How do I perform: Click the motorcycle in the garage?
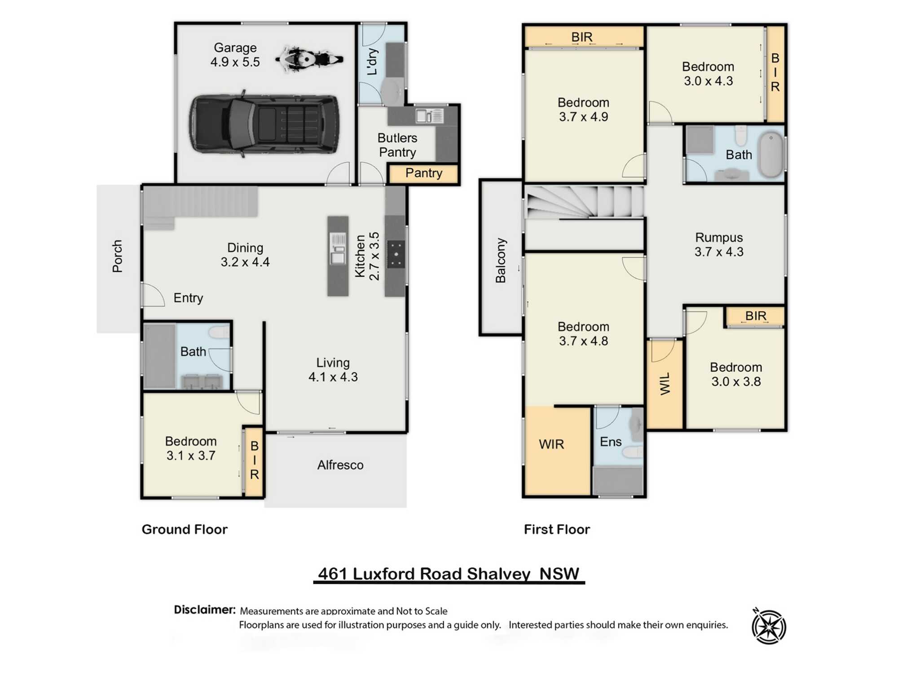click(x=309, y=59)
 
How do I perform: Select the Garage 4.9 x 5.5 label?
click(x=235, y=54)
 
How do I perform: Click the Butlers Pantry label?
click(x=397, y=145)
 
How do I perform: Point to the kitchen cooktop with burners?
click(x=396, y=254)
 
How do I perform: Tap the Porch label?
click(x=117, y=256)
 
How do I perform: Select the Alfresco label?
click(x=340, y=465)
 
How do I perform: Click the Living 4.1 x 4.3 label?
click(x=333, y=369)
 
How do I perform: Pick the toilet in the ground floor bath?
click(x=220, y=332)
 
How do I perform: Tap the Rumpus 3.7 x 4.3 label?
click(x=719, y=244)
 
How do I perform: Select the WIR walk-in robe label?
click(x=551, y=444)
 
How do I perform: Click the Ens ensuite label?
click(x=611, y=442)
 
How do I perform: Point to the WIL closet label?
click(x=665, y=383)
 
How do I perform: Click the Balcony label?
click(x=501, y=261)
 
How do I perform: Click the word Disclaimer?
click(x=205, y=610)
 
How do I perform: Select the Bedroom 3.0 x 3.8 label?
click(x=736, y=374)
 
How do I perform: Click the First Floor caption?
click(x=557, y=529)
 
